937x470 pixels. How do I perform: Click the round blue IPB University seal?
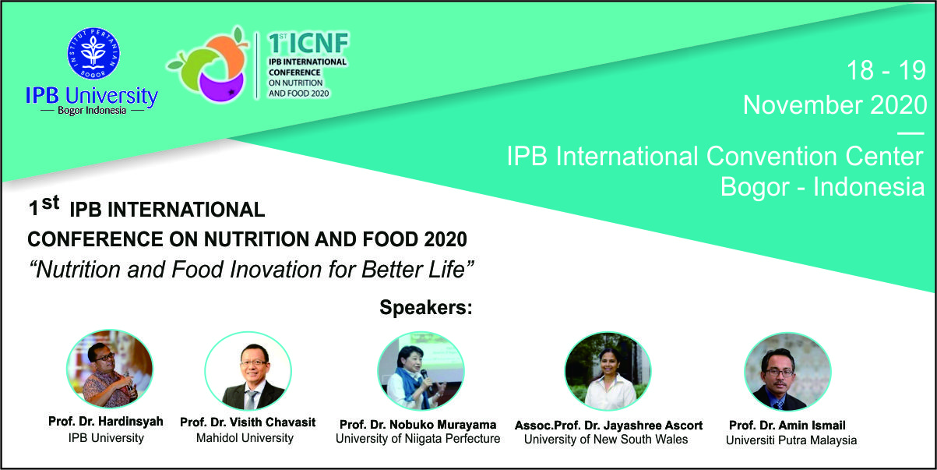tap(93, 54)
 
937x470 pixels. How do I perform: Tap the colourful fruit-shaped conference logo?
tap(208, 64)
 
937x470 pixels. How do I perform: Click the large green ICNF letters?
tap(308, 43)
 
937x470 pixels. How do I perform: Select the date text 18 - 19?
tap(886, 70)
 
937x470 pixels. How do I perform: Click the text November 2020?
tap(835, 104)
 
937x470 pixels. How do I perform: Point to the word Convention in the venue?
tap(773, 156)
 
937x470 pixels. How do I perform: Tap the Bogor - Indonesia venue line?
tap(823, 186)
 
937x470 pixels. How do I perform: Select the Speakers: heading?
tap(426, 308)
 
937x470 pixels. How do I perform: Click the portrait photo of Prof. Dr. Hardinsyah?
tap(110, 369)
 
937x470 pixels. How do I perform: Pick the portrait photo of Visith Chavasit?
tap(248, 371)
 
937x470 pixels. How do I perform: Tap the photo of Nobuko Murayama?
tap(421, 371)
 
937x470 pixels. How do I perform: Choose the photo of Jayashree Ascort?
tap(608, 371)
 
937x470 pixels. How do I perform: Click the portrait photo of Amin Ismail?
tap(787, 372)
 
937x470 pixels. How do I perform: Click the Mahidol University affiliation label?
tap(245, 438)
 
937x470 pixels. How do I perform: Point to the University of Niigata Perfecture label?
tap(417, 439)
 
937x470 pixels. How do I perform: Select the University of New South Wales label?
tap(606, 440)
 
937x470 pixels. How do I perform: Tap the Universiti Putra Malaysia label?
tap(791, 440)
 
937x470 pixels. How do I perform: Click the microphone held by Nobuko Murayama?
tap(427, 377)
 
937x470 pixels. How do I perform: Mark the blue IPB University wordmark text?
tap(92, 96)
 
